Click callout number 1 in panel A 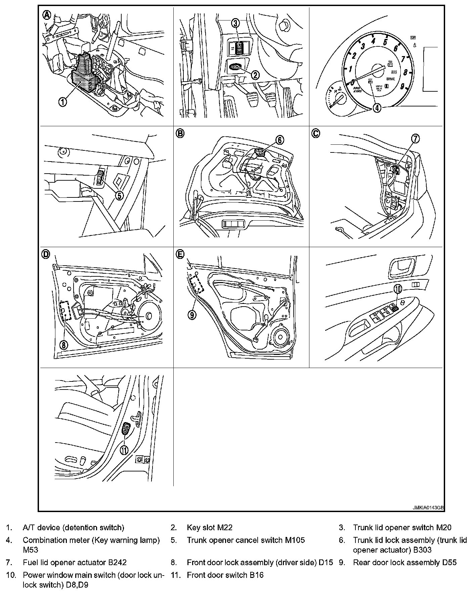click(62, 102)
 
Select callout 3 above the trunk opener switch click(235, 23)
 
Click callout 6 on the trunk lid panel click(280, 140)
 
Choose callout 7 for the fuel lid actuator click(416, 138)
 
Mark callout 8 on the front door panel click(64, 344)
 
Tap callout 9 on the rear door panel click(192, 314)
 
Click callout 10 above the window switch click(397, 288)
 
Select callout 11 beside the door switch click(124, 450)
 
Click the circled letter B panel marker click(180, 133)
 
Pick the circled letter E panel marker click(180, 254)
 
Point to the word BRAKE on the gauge click(391, 79)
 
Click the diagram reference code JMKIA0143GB click(428, 508)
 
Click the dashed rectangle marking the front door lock click(66, 310)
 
